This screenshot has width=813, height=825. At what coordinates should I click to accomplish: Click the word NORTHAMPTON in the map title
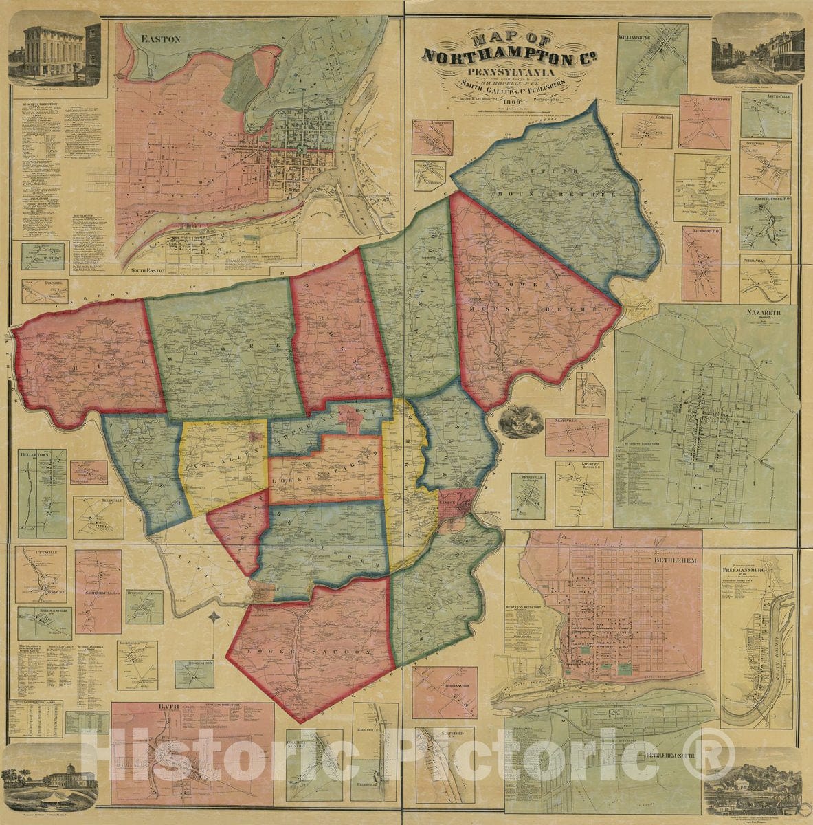(x=493, y=55)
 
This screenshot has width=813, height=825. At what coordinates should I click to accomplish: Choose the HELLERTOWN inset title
(x=42, y=455)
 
